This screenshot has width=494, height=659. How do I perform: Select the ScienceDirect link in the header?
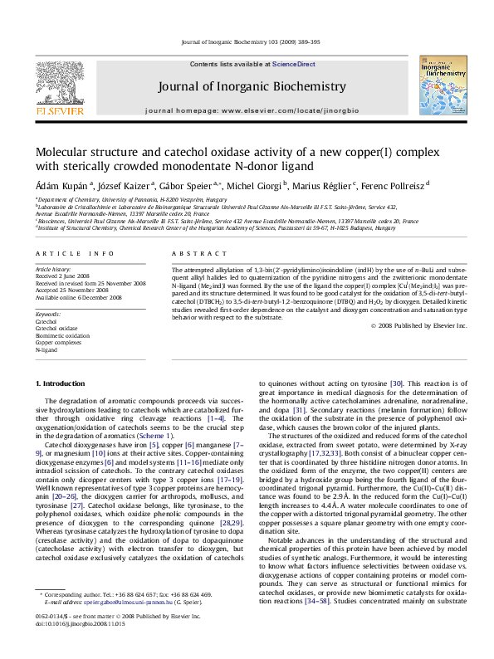coord(294,64)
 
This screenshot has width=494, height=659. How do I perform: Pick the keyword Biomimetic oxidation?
coord(60,336)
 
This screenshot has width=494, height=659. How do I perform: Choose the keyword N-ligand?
coord(46,350)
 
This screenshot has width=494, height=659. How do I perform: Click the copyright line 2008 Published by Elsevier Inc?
coord(420,326)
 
